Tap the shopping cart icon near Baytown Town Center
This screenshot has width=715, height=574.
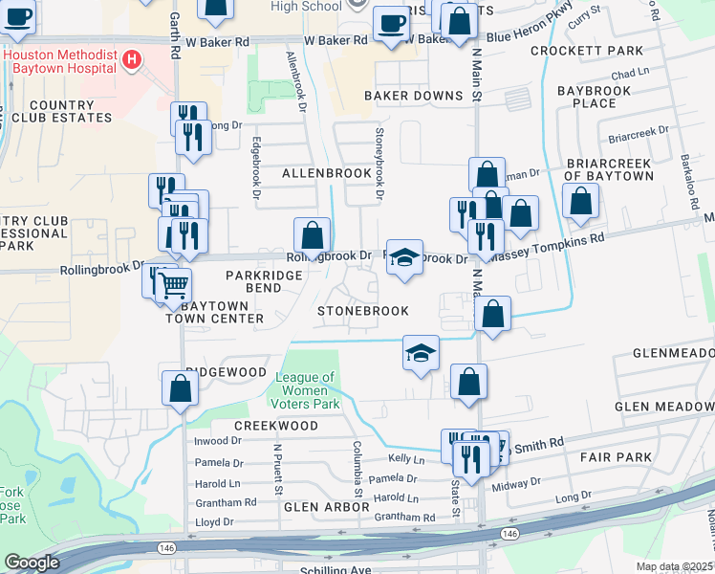173,284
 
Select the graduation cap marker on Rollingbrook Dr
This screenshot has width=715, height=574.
403,257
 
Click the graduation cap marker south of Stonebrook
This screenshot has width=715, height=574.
421,353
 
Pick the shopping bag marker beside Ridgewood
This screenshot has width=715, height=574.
180,389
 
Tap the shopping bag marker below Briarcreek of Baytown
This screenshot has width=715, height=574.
579,202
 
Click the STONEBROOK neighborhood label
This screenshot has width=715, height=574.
363,311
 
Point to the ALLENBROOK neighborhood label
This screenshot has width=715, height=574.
326,173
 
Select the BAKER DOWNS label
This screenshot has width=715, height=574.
413,96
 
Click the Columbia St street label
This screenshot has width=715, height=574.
357,469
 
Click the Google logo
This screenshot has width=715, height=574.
32,563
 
